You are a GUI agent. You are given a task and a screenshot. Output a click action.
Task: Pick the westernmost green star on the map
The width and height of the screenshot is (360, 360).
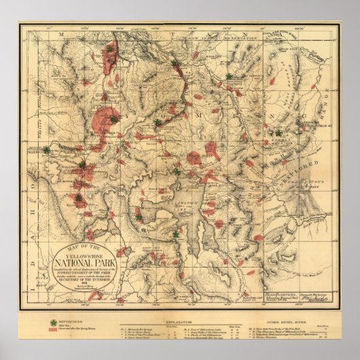[46, 150]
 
